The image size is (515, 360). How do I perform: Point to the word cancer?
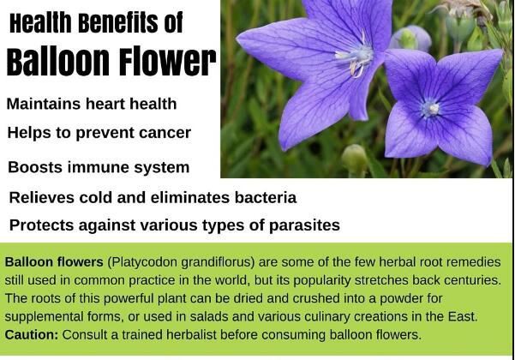coord(165,133)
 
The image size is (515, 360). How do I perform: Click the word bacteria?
coord(261,197)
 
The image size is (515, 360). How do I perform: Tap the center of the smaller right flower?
coord(430,108)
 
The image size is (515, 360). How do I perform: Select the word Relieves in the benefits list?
coord(40,197)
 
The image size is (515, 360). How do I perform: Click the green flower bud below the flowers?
coord(354,157)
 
